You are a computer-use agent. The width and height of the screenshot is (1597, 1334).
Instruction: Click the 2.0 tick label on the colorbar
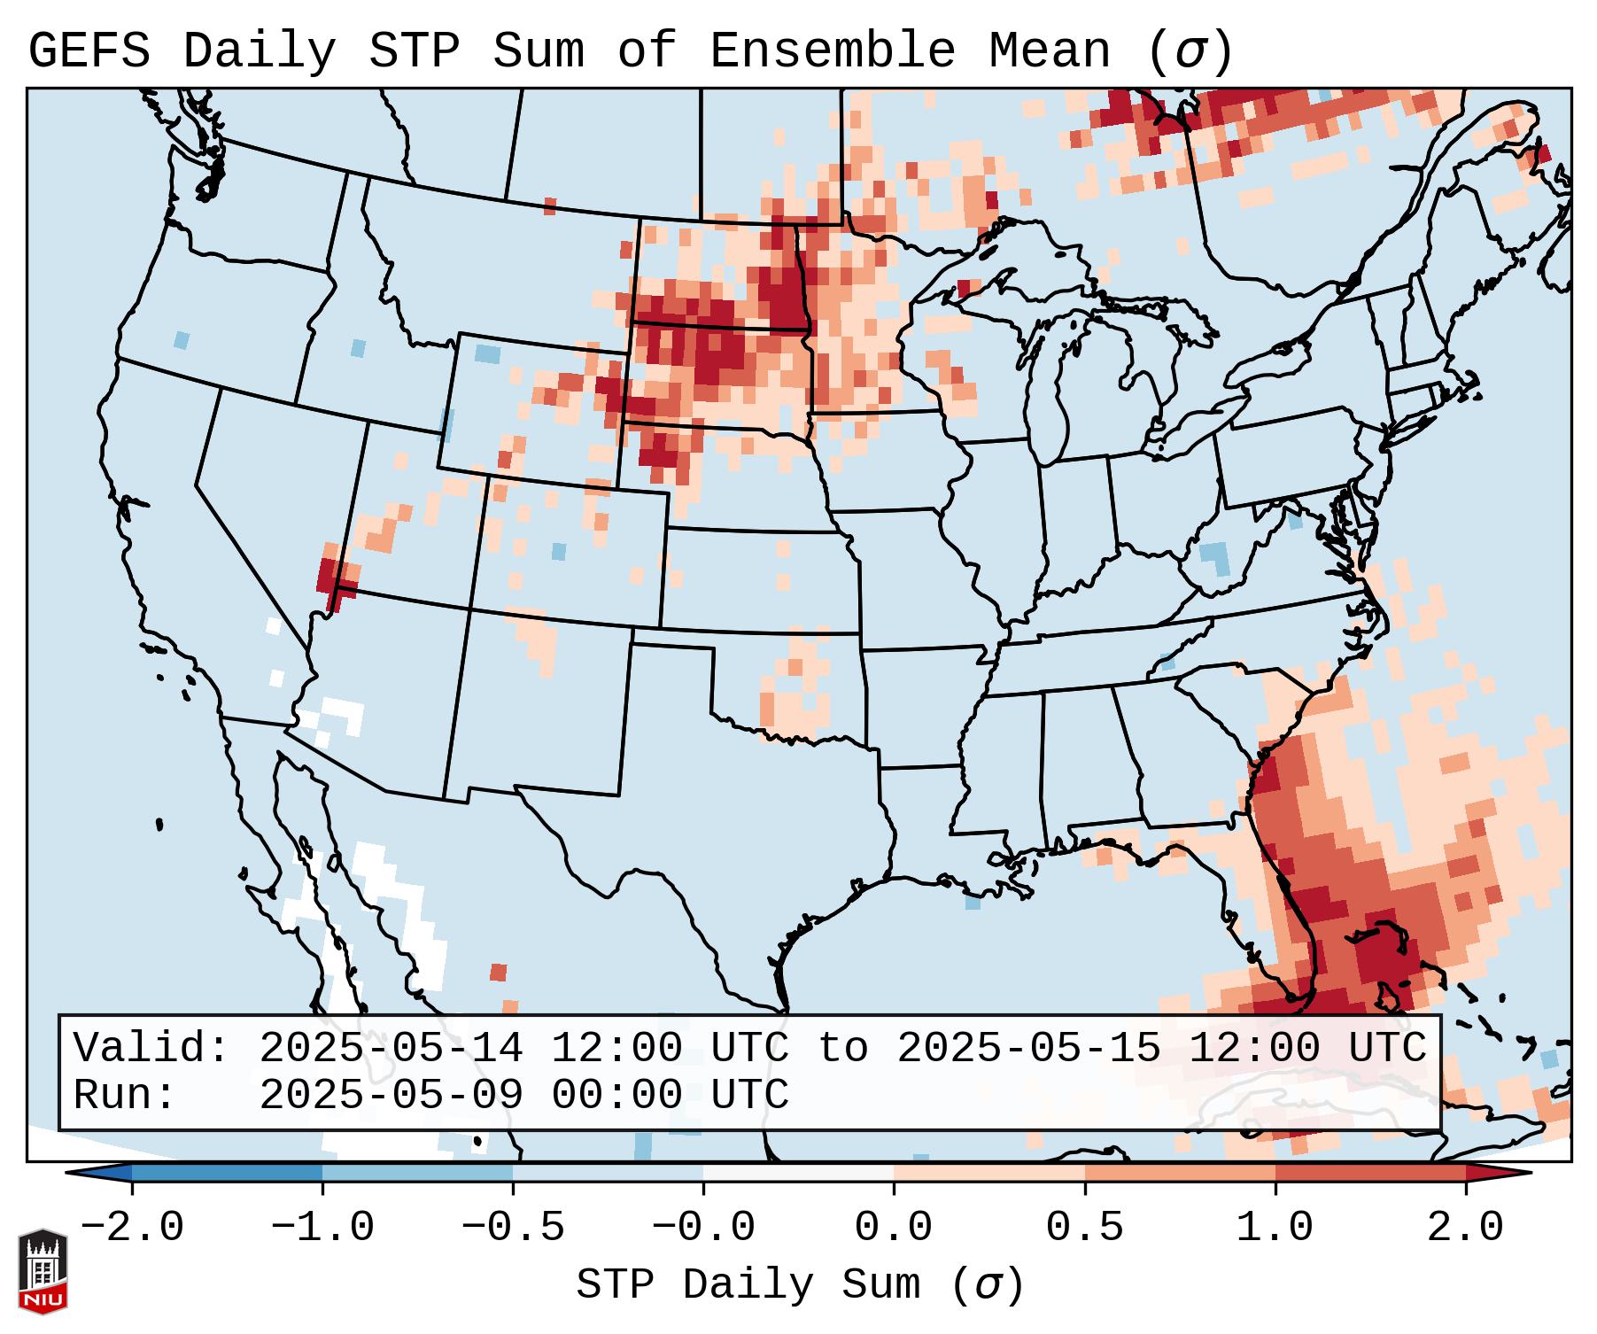(x=1465, y=1228)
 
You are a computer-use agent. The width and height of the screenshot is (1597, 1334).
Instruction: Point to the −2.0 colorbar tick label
(x=132, y=1228)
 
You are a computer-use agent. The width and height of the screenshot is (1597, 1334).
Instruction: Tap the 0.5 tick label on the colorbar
(x=1084, y=1228)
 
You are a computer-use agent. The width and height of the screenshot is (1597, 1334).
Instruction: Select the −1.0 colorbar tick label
(x=322, y=1228)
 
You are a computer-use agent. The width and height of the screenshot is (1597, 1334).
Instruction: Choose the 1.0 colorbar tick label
(x=1275, y=1228)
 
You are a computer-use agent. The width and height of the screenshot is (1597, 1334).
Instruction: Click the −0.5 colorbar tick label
(x=513, y=1228)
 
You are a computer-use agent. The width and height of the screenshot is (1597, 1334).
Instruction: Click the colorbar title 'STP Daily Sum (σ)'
(x=800, y=1285)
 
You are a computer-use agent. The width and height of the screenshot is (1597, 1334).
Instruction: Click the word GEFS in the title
(x=89, y=51)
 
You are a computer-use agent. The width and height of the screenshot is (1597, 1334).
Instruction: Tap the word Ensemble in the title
(x=832, y=51)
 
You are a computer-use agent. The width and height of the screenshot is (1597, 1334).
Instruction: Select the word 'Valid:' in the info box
(x=151, y=1048)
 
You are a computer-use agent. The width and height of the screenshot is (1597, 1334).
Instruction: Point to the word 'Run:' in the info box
(x=125, y=1095)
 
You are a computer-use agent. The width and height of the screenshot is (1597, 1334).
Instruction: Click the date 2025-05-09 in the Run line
(x=391, y=1095)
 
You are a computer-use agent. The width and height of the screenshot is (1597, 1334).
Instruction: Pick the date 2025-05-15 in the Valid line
(x=1028, y=1048)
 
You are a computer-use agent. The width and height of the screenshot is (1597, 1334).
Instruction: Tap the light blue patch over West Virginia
(x=1217, y=558)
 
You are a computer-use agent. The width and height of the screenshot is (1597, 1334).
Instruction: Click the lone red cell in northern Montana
(x=550, y=206)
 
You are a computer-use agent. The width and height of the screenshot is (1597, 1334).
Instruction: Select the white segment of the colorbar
(x=798, y=1173)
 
